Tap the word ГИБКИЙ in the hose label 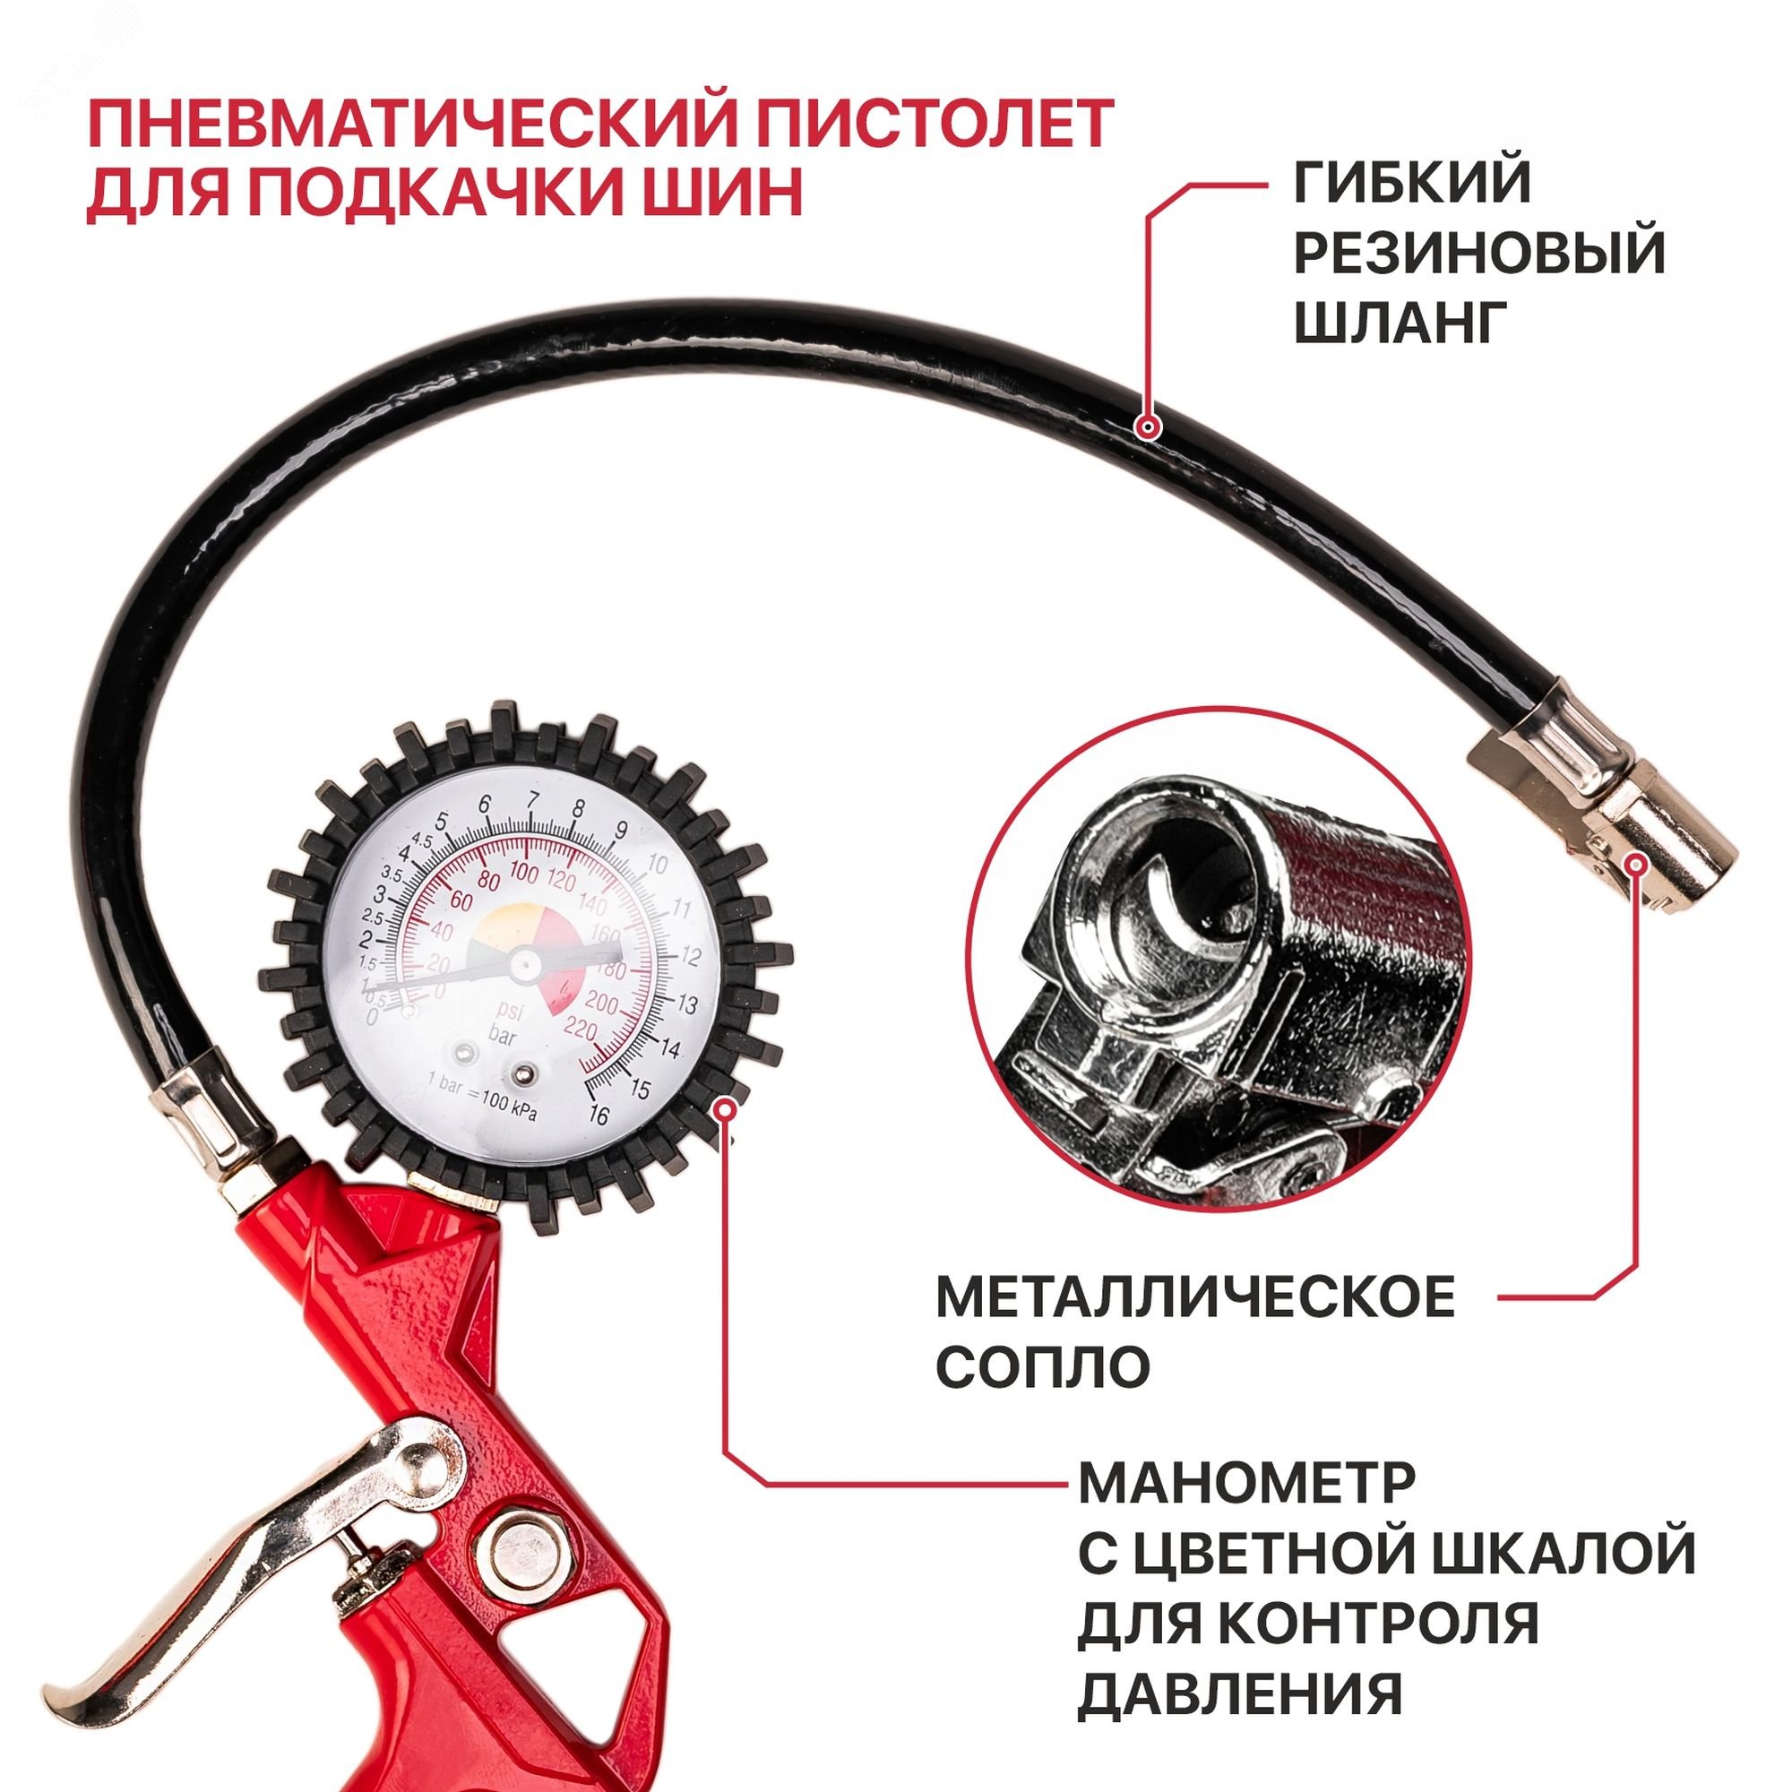coord(1412,183)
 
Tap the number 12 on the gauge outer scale coord(690,954)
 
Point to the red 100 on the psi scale coord(524,872)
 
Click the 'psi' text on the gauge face coord(507,1011)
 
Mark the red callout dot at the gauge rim coord(727,1106)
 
